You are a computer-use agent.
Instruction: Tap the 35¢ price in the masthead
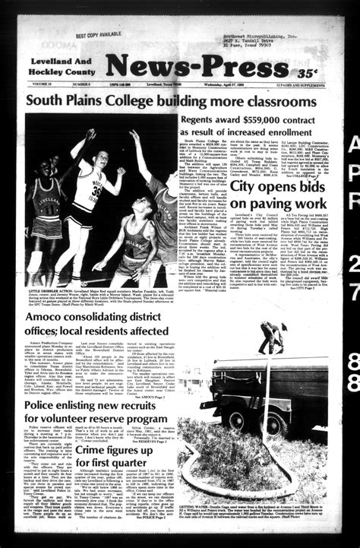coord(308,73)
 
